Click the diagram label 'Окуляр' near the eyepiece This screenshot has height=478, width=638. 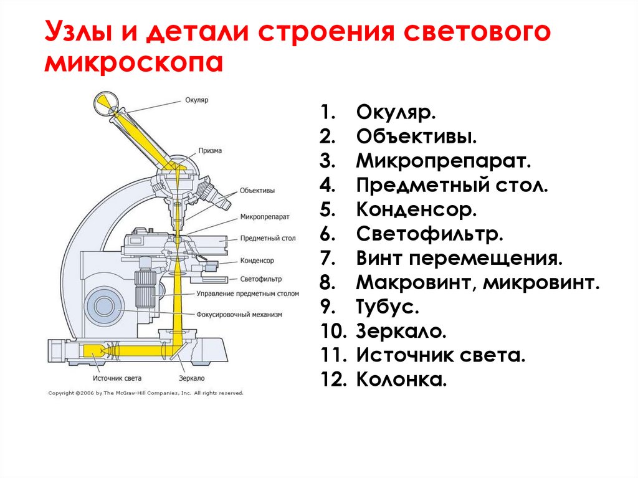point(196,100)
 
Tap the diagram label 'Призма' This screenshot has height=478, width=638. point(210,150)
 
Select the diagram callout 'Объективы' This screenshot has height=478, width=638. point(257,191)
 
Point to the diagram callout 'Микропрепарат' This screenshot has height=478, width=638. point(264,217)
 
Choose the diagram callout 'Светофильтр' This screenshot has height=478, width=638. point(261,279)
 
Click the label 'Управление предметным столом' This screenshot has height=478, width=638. point(247,294)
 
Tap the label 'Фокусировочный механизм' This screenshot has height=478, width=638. point(239,315)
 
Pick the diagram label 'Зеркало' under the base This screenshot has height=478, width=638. point(191,378)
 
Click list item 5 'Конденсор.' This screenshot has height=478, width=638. point(416,209)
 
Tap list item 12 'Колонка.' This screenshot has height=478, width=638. point(401,380)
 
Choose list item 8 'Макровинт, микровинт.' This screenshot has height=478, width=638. point(478,283)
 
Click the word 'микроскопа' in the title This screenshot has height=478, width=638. point(133,63)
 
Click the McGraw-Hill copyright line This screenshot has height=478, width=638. point(146,393)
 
